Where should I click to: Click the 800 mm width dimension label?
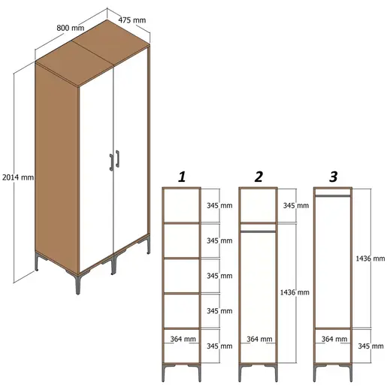pos(71,27)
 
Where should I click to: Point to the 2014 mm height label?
pos(17,177)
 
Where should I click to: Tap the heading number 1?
pos(181,177)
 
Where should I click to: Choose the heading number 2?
pos(259,177)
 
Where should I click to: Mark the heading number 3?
pos(334,177)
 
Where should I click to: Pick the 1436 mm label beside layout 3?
pos(369,258)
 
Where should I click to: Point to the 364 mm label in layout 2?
pos(259,340)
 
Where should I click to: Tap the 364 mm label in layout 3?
pos(333,340)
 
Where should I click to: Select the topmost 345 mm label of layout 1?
pos(219,205)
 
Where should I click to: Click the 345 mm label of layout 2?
pos(295,205)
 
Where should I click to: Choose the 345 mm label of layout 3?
pos(369,346)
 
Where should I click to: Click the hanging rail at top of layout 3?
pos(333,195)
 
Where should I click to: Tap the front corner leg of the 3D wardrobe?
pos(77,284)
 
